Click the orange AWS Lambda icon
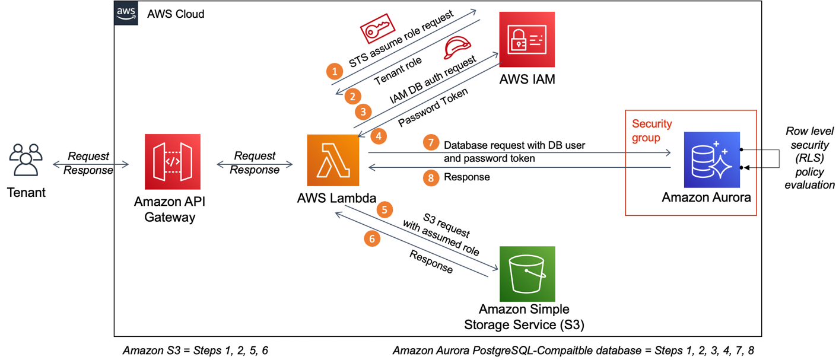(x=333, y=160)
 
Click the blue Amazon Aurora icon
(x=711, y=160)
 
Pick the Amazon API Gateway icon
(x=173, y=161)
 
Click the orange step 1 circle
(x=335, y=72)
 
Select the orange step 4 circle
(x=378, y=136)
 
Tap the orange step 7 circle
(x=431, y=143)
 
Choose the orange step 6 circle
(x=372, y=239)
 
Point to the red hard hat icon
(x=457, y=46)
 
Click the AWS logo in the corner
(x=126, y=12)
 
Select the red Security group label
(x=652, y=130)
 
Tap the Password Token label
(x=433, y=107)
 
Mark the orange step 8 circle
(x=431, y=177)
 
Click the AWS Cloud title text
(x=176, y=14)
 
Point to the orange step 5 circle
(x=386, y=209)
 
